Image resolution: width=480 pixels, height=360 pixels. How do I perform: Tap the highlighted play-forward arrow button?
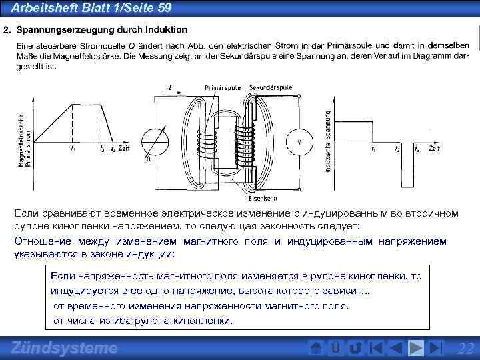[417, 348]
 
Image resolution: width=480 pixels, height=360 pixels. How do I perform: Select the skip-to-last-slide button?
[437, 348]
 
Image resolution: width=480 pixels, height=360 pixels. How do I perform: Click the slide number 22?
[466, 348]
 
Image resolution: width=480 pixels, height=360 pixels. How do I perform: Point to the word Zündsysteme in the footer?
[65, 348]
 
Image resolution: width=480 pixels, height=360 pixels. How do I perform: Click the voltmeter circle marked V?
[299, 142]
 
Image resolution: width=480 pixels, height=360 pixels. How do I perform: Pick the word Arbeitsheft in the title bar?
[43, 7]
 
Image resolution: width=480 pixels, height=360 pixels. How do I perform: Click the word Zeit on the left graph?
[125, 147]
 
